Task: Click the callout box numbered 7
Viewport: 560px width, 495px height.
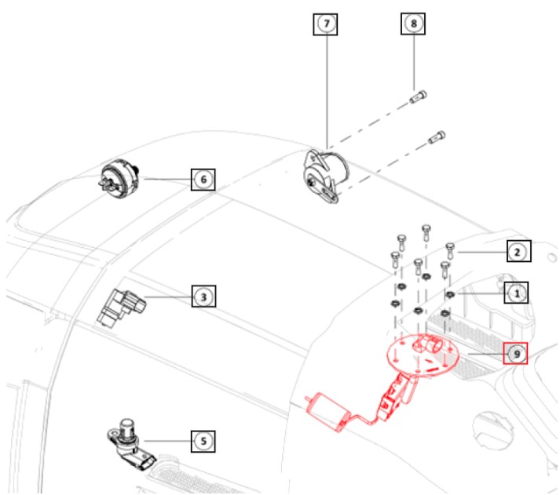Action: coord(326,24)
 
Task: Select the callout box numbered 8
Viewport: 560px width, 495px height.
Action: coord(413,24)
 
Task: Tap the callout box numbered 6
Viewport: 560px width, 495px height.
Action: coord(203,180)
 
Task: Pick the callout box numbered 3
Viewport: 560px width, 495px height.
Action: coord(203,297)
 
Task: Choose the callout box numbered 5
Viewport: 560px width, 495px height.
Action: coord(203,442)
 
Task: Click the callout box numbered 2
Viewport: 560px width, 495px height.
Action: coord(518,251)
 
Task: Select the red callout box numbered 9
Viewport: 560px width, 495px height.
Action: coord(515,354)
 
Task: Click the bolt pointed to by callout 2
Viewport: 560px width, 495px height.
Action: coord(450,249)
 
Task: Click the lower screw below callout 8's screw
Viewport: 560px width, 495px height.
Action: coord(436,138)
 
